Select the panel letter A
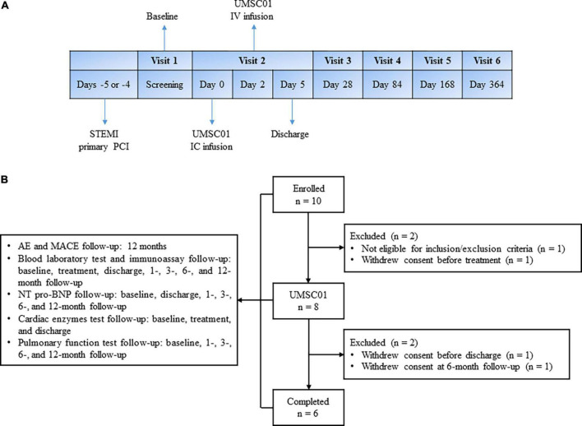point(7,7)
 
